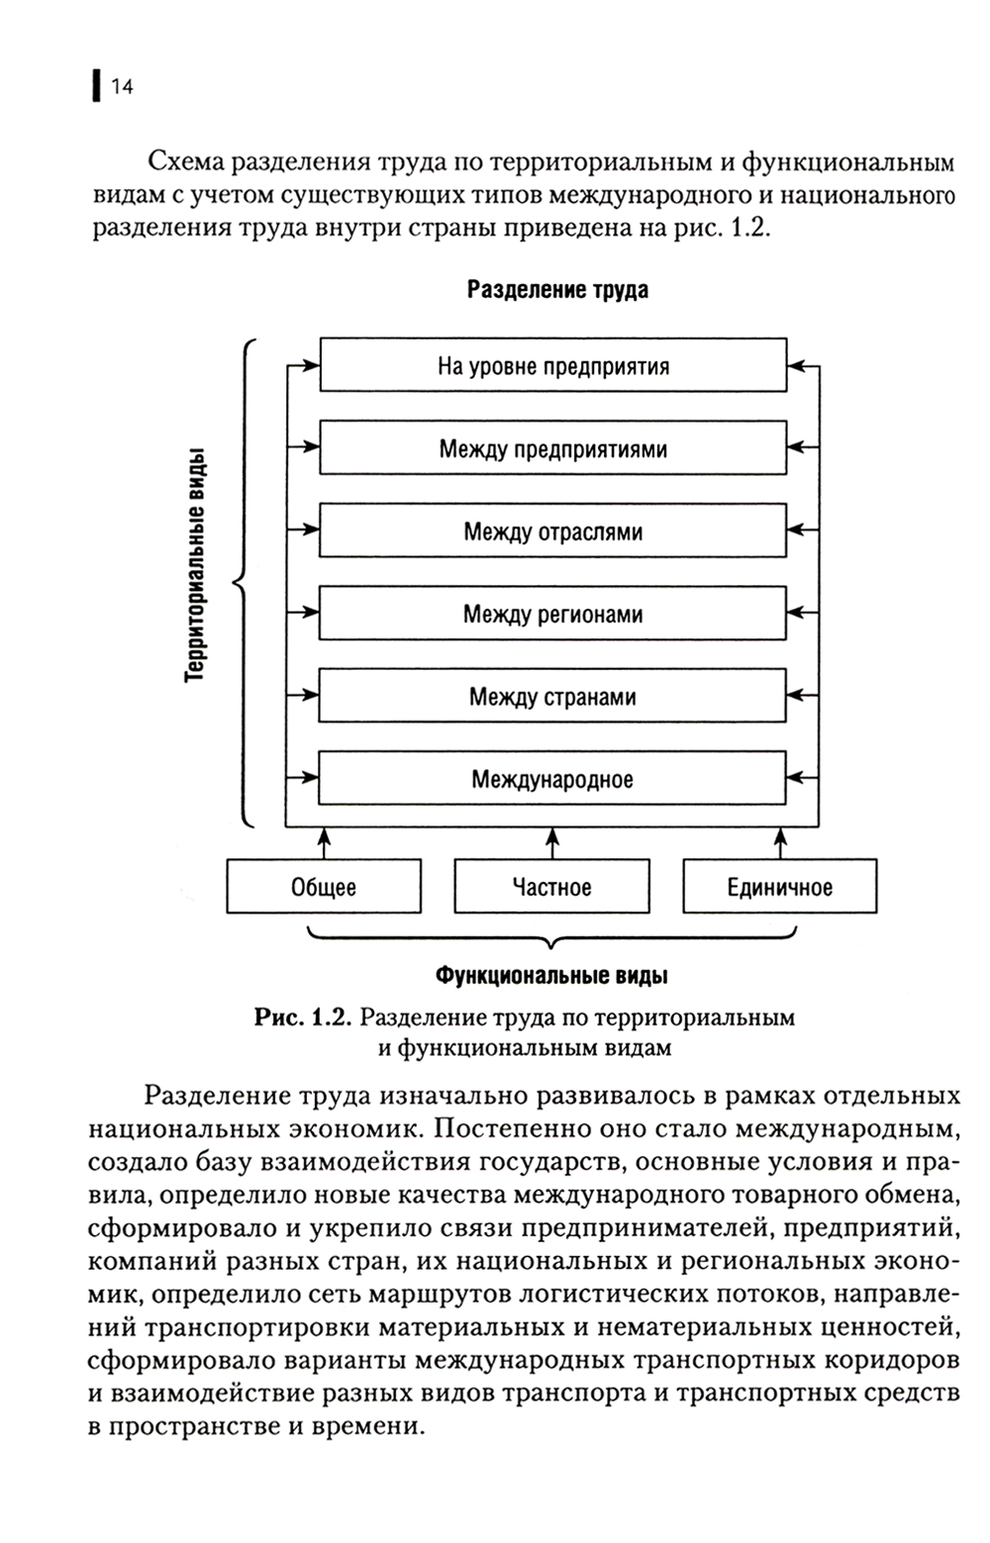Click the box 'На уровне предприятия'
tap(552, 366)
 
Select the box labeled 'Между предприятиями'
tap(552, 449)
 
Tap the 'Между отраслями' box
tap(552, 531)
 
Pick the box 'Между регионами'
tap(552, 615)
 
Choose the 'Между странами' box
tap(552, 697)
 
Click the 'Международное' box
tap(552, 780)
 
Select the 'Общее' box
tap(324, 887)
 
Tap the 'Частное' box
tap(552, 887)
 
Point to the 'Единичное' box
tap(779, 887)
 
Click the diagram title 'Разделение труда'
tap(557, 290)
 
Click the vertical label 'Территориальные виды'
tap(196, 564)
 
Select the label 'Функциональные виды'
tap(551, 976)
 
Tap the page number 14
tap(122, 87)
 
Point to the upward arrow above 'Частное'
tap(552, 843)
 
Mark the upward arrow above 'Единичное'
tap(779, 843)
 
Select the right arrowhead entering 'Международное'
tap(796, 780)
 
